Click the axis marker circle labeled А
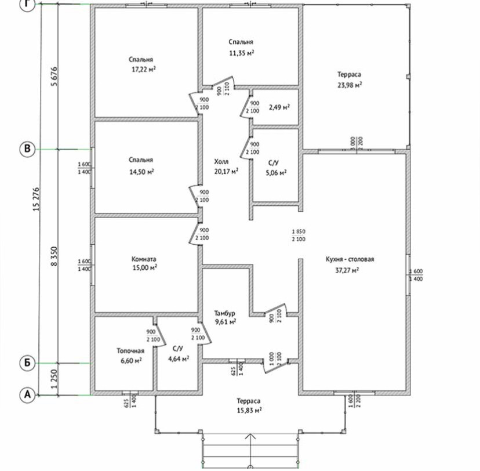[x=26, y=395]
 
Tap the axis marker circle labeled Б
[x=26, y=363]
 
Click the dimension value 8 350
[x=54, y=257]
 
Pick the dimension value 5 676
[x=54, y=77]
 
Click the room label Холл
[x=221, y=162]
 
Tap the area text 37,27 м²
[x=346, y=270]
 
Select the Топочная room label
[x=130, y=351]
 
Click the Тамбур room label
[x=226, y=312]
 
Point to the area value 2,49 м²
[x=279, y=107]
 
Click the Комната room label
[x=144, y=259]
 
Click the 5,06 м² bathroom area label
[x=275, y=172]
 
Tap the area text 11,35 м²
[x=241, y=52]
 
